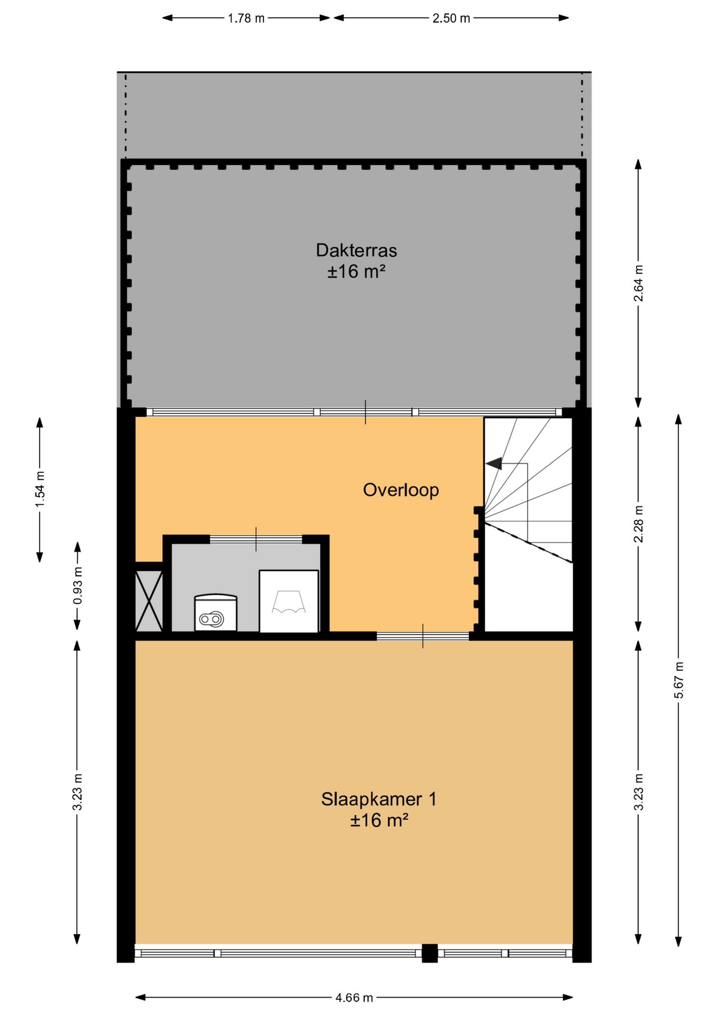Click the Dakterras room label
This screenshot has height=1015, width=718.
356,250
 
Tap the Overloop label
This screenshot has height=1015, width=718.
401,490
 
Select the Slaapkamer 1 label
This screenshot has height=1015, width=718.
379,799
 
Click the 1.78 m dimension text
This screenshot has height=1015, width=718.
246,19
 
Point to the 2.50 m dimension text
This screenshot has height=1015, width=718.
451,19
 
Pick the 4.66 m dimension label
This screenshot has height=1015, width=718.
354,998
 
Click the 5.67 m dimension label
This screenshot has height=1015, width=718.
679,680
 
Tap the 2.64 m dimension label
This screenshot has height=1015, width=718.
639,283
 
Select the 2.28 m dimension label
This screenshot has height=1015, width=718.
639,524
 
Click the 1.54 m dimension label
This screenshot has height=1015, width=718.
40,489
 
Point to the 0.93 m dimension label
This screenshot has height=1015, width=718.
78,586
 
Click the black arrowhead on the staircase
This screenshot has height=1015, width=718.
494,464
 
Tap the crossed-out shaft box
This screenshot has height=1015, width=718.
149,601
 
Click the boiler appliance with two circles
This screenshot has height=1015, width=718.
216,613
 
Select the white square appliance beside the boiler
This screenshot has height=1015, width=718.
289,601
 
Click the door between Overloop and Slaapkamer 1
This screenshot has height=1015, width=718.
422,636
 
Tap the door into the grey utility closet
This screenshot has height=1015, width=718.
256,539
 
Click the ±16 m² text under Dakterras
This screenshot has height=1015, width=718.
356,272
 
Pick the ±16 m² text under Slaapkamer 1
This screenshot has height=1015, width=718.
379,820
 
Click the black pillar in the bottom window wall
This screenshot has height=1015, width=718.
430,953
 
